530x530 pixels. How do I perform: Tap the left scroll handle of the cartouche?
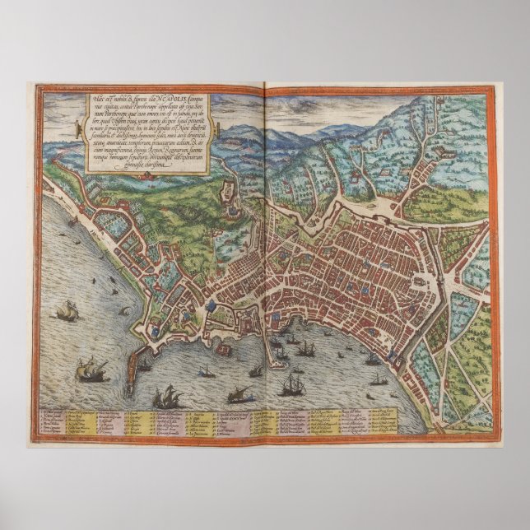(x=77, y=128)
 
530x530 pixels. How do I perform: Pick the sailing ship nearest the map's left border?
(x=67, y=311)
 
